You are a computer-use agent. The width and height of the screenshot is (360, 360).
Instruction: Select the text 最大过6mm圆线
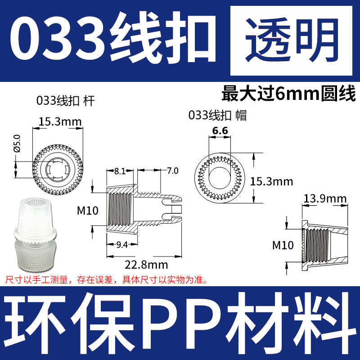[x=288, y=94]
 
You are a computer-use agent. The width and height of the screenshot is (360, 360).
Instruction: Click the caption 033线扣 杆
[x=66, y=101]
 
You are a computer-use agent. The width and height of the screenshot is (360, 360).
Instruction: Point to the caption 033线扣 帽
[x=218, y=115]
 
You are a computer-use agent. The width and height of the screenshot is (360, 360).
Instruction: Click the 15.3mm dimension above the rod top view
[x=60, y=121]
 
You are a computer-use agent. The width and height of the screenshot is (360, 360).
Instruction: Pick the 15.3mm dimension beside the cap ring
[x=271, y=181]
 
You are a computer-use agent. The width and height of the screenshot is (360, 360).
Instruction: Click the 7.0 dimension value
[x=172, y=171]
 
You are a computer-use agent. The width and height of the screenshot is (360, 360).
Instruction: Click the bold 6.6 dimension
[x=220, y=130]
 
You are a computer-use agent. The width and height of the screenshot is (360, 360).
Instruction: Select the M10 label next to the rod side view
[x=88, y=210]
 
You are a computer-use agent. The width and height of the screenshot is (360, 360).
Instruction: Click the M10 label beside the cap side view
[x=283, y=245]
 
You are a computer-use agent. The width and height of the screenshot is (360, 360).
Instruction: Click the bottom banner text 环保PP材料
[x=180, y=320]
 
